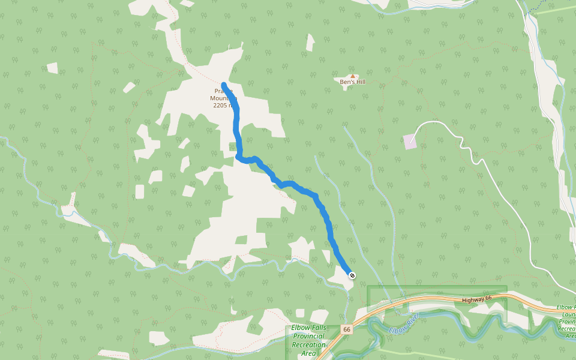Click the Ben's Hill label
352,82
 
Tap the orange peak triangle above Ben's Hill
353,76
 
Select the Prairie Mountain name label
223,95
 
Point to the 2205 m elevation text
223,106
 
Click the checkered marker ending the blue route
352,275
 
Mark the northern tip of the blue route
224,85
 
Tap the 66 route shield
347,329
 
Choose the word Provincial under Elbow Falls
308,337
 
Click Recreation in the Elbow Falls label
308,345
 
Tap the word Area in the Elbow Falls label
308,353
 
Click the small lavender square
410,142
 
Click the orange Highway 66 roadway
420,300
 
